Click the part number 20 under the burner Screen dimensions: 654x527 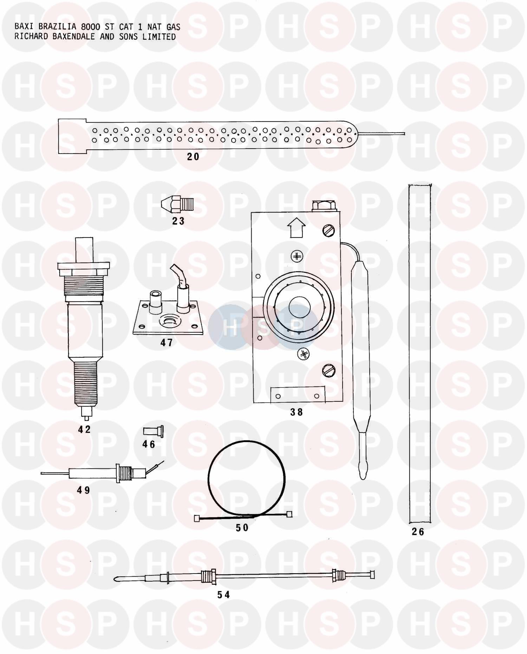pyautogui.click(x=193, y=157)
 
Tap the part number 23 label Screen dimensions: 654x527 pyautogui.click(x=178, y=221)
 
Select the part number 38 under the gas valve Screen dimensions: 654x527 pyautogui.click(x=297, y=412)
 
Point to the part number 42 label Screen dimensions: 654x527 pyautogui.click(x=84, y=429)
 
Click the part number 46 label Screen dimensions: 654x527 pyautogui.click(x=149, y=445)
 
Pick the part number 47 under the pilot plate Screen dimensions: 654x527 pyautogui.click(x=167, y=342)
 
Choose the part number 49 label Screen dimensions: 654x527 pyautogui.click(x=84, y=490)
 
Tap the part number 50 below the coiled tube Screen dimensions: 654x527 pyautogui.click(x=242, y=528)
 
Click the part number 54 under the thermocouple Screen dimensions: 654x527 pyautogui.click(x=223, y=595)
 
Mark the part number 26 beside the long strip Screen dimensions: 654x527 pyautogui.click(x=418, y=532)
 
